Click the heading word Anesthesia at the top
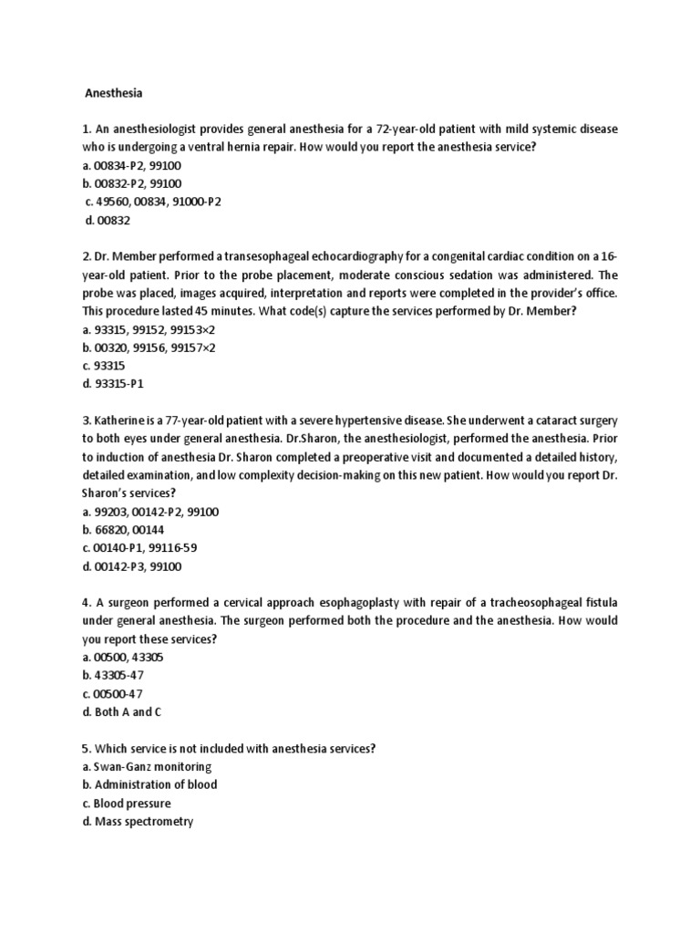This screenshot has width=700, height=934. coord(114,92)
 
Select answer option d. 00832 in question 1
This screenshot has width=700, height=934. coord(108,219)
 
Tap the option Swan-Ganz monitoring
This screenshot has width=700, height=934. coord(147,767)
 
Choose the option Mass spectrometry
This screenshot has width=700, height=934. coord(138,822)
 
